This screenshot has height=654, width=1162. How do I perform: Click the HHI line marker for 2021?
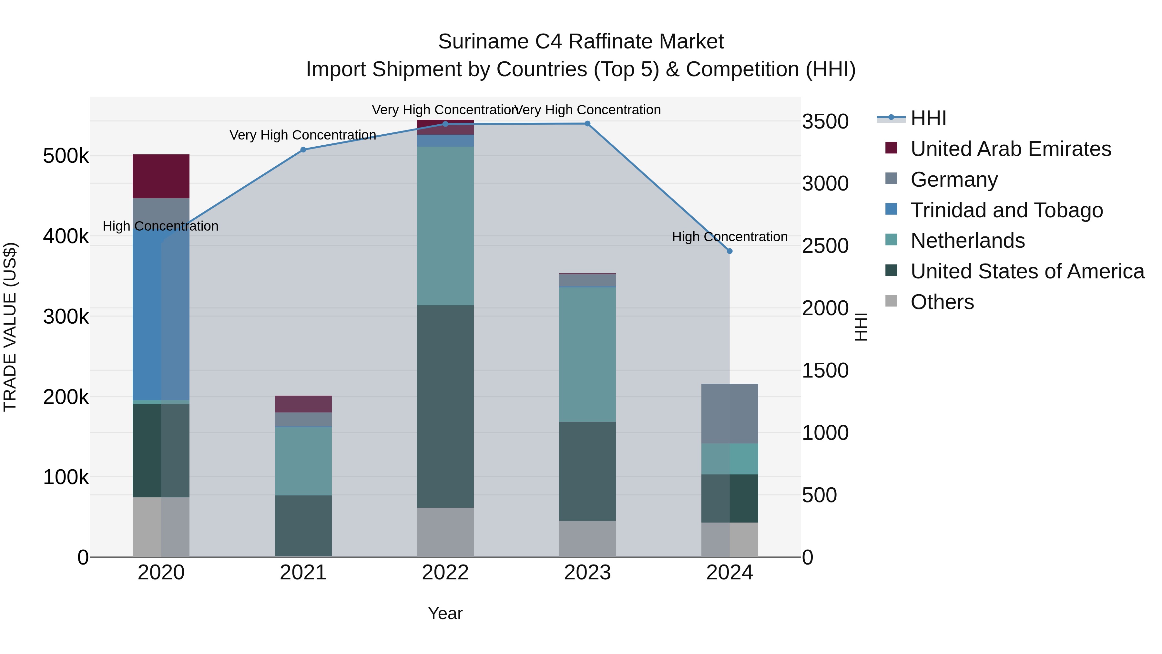303,150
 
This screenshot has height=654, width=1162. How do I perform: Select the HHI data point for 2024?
729,251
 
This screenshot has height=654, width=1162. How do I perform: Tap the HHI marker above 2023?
587,124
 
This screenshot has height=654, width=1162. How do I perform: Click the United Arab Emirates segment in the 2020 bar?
161,176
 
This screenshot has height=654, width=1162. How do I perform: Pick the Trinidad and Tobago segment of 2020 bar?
161,316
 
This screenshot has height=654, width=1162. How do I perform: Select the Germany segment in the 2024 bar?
729,413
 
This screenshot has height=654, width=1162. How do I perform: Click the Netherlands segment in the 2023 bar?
587,354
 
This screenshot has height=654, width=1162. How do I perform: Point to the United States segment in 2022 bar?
445,406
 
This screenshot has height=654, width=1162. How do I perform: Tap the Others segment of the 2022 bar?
445,532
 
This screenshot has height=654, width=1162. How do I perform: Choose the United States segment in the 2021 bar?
303,526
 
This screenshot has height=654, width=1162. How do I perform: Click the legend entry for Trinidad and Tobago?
1006,210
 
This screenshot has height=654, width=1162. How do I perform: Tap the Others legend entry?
942,302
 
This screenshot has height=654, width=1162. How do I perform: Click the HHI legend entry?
928,118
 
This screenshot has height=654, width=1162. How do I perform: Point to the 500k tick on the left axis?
66,156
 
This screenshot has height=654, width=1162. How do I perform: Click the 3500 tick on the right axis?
825,121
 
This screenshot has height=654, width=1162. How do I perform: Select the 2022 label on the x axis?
445,573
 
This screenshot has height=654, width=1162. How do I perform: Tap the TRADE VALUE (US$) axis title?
10,327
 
